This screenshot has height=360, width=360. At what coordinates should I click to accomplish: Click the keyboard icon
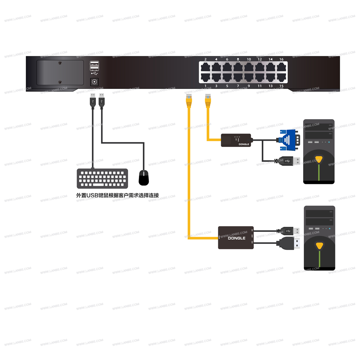click(102, 179)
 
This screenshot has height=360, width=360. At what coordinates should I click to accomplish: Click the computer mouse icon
click(144, 177)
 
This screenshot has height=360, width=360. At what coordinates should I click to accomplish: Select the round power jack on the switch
click(95, 82)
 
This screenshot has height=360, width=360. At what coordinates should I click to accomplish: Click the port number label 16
click(281, 59)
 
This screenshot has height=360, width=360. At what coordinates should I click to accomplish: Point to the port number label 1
click(206, 86)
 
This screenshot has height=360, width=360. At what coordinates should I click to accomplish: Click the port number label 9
click(249, 86)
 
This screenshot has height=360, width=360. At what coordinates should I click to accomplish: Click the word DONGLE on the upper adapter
click(244, 144)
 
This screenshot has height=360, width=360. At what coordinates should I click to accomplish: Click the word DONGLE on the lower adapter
click(237, 238)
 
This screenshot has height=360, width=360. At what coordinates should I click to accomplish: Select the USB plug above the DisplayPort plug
click(289, 230)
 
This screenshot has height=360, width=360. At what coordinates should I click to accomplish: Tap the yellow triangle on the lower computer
click(319, 246)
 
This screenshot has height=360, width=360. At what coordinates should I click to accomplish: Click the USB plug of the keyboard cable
click(93, 100)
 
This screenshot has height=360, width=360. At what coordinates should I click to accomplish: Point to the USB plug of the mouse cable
click(101, 100)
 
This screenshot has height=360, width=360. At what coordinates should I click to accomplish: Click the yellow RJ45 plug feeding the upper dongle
click(207, 101)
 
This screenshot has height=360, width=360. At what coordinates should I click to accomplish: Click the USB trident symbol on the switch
click(94, 72)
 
